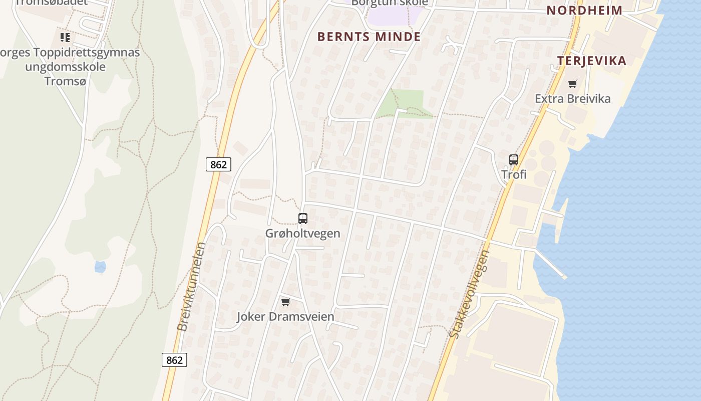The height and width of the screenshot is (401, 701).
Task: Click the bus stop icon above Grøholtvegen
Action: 303,219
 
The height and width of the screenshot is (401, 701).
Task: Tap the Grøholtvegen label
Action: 302,233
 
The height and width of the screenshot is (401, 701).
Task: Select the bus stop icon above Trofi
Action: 514,160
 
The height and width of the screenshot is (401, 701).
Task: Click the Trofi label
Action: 514,174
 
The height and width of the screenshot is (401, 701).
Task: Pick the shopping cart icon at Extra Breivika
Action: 572,84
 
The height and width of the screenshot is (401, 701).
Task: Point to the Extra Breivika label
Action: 572,98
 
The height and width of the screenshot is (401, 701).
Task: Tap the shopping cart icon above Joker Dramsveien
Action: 285,302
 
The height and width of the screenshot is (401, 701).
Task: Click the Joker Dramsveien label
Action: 285,317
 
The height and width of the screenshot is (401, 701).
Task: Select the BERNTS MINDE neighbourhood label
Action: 369,37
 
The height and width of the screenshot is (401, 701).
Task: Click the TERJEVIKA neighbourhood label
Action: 591,61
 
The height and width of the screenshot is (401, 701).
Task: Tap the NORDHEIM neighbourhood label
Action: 584,10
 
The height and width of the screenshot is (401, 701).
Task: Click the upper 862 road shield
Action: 218,164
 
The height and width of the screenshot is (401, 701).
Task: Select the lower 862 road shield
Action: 174,360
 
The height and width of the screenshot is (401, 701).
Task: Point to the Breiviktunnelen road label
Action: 191,287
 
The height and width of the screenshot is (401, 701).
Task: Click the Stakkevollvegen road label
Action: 469,294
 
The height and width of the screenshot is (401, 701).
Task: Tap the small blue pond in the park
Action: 100,267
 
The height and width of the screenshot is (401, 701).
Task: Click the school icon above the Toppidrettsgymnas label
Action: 65,38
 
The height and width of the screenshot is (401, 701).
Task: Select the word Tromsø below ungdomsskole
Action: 66,81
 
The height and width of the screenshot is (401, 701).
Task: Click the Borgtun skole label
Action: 390,3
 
